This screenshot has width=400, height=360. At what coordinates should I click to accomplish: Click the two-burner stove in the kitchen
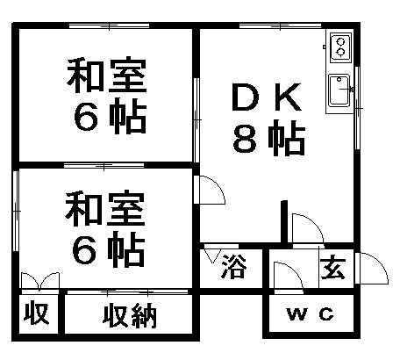coord(340,47)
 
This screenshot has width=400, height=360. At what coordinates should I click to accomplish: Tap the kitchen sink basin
coord(339,90)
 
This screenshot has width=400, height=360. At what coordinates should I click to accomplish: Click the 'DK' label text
coord(267,97)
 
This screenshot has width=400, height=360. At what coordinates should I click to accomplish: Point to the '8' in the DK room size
coord(245,140)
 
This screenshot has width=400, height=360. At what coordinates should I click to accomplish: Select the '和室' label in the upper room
coord(107,76)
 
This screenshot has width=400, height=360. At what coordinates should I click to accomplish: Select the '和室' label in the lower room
coord(105,208)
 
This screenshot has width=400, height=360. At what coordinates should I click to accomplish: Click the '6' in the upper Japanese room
coord(86,117)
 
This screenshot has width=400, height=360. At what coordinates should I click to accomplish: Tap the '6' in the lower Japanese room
coord(84,249)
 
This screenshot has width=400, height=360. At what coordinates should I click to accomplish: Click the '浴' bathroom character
coord(234,267)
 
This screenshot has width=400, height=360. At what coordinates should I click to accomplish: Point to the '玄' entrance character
coord(333,267)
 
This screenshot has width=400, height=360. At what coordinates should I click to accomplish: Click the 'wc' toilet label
coord(311,313)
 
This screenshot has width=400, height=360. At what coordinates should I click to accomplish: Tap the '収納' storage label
coord(130,315)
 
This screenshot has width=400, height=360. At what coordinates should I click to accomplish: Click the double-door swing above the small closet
coord(40,281)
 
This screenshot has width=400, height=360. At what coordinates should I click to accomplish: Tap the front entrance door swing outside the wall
coord(372,268)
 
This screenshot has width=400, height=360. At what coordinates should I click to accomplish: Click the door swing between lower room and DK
coord(210,190)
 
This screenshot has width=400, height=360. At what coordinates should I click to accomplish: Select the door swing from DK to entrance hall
coord(308,229)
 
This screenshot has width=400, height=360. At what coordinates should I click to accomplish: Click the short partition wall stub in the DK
coord(284,222)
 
